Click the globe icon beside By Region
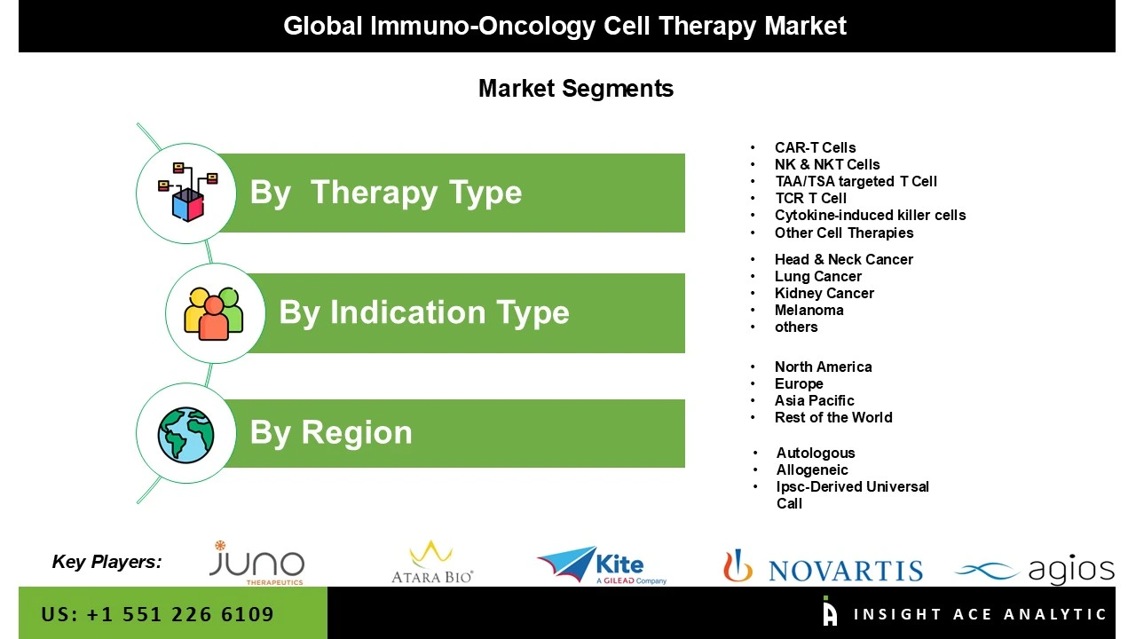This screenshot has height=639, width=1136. (186, 434)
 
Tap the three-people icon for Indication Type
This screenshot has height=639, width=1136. (213, 313)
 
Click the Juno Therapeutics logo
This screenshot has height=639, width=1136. (256, 564)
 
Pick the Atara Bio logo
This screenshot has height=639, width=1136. (432, 563)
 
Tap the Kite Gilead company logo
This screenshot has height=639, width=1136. (602, 565)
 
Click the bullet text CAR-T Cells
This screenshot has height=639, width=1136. (815, 147)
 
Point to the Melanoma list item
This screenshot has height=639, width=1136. (809, 310)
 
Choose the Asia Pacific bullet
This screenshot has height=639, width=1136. (814, 400)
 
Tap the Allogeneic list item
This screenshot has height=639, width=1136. (812, 469)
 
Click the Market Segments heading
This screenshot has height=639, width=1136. (575, 89)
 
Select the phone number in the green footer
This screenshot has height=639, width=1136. (157, 614)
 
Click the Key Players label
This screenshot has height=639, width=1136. (106, 561)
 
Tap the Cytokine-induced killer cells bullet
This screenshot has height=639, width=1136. (870, 215)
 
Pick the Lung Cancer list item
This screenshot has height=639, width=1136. (817, 276)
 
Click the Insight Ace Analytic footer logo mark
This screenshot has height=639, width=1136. (830, 611)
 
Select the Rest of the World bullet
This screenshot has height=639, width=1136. (832, 417)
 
